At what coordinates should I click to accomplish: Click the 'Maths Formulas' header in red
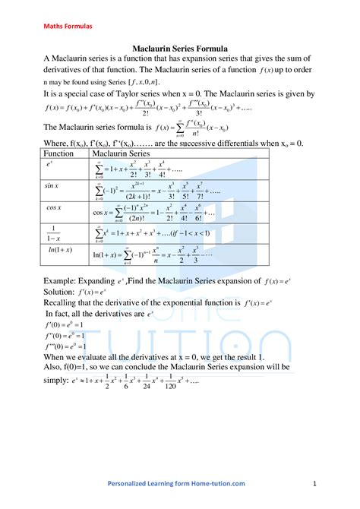tap(68, 26)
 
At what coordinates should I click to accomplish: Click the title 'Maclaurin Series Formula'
tap(180, 48)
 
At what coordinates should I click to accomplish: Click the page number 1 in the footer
tap(314, 483)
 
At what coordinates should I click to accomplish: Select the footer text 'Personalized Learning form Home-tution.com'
tap(175, 483)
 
